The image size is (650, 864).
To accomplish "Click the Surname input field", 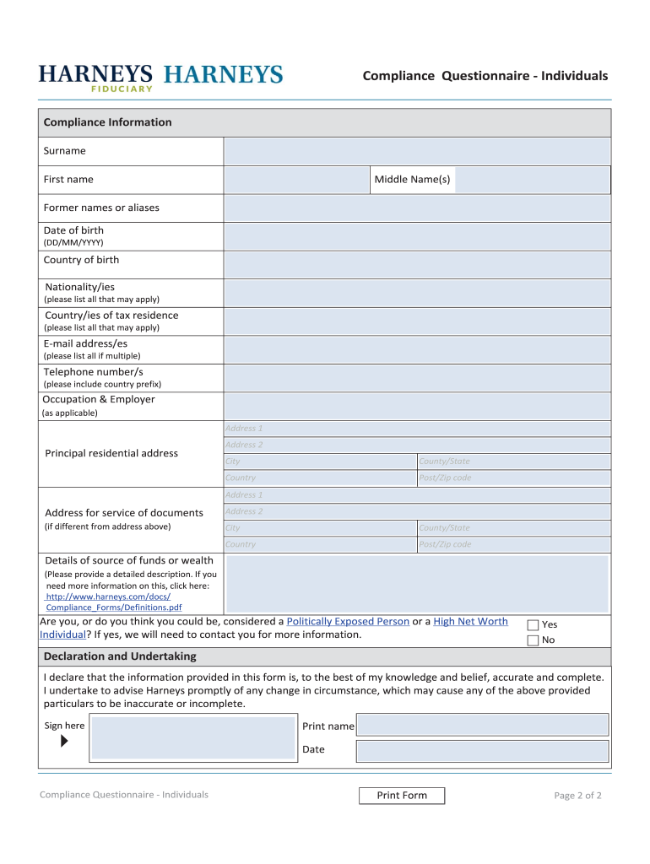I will (416, 151).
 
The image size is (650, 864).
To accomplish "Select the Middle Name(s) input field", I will (532, 180).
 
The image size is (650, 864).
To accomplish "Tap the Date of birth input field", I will (416, 236).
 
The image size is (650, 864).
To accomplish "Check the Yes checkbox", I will (533, 625).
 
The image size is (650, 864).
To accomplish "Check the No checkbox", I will (533, 640).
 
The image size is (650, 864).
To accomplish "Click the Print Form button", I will (402, 796).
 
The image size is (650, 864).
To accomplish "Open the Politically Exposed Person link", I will (348, 621).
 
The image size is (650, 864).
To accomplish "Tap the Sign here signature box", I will (193, 737).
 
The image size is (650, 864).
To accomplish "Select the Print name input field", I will (482, 725).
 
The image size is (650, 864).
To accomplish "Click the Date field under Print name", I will (482, 751).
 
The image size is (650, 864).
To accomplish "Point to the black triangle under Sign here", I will (65, 742).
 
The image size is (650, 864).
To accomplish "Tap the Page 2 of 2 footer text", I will (577, 796).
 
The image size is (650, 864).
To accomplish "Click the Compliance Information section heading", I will (107, 122).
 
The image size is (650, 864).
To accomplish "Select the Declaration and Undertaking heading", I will (120, 656).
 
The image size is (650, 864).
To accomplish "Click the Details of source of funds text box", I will (417, 584).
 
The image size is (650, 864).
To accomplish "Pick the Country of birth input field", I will (416, 264).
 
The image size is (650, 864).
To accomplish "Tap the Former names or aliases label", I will (101, 208).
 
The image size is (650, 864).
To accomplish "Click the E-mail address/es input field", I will (416, 348).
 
